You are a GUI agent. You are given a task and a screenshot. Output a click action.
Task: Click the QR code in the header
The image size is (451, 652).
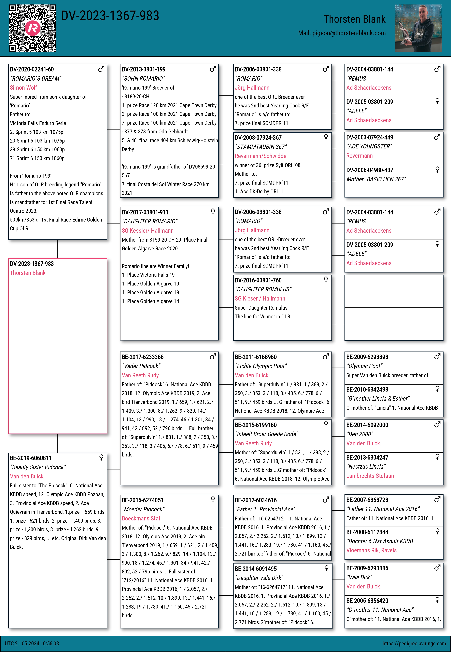[x=32, y=28]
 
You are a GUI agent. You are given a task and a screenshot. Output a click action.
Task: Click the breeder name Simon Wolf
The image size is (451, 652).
[x=24, y=88]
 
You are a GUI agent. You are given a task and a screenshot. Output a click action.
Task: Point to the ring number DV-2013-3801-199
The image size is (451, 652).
[x=144, y=69]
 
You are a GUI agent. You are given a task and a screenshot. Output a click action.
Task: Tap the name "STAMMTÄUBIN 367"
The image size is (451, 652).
[x=260, y=147]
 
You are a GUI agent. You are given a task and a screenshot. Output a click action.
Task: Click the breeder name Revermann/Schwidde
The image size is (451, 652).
[x=260, y=156]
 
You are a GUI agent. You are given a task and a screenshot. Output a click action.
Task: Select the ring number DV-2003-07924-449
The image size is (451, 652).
[x=370, y=137]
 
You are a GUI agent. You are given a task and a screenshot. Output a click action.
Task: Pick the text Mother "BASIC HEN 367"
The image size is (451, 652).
[x=376, y=179]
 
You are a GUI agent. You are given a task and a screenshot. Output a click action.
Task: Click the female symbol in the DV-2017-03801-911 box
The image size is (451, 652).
[x=213, y=212]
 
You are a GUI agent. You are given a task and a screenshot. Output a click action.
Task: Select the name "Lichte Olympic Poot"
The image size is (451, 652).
[x=260, y=366]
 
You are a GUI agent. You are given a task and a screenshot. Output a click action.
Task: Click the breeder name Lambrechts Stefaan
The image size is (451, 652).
[x=370, y=476]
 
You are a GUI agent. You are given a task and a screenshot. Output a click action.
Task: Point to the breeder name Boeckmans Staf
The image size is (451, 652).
[x=141, y=518]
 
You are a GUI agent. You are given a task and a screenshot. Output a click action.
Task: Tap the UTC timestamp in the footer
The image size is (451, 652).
[x=32, y=643]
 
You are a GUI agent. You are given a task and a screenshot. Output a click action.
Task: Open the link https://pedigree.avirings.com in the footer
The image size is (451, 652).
[x=414, y=643]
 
